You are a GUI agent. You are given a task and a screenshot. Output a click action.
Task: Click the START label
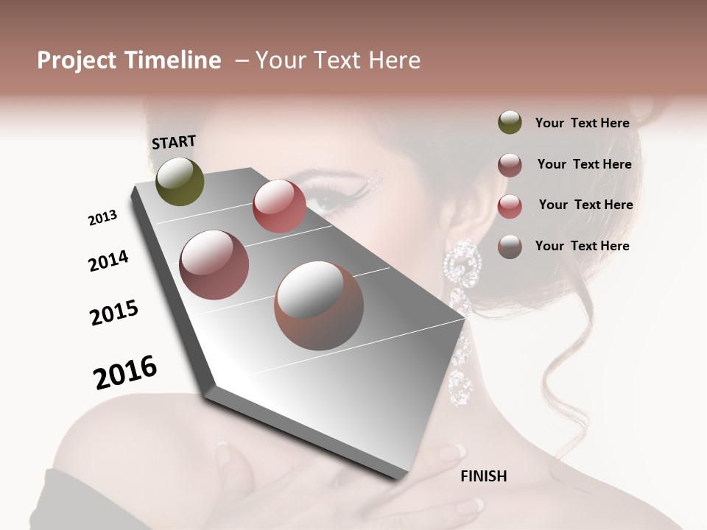[174, 142]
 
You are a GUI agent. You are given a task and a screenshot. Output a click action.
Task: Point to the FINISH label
[484, 476]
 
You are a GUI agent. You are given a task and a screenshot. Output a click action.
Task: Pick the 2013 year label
[102, 218]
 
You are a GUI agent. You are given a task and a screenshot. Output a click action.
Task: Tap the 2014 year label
[108, 261]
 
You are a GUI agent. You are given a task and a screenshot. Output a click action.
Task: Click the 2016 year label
[125, 372]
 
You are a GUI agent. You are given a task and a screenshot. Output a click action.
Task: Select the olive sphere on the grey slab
[180, 181]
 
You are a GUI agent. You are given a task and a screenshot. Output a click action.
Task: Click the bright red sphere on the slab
[279, 206]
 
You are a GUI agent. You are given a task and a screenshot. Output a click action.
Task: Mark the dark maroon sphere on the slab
[214, 265]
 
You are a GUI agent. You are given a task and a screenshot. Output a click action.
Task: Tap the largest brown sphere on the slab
[319, 305]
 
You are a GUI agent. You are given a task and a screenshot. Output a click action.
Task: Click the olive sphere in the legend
[510, 123]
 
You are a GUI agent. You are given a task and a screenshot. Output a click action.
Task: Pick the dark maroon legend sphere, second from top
[510, 164]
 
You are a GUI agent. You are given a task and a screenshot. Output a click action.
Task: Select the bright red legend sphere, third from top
[510, 205]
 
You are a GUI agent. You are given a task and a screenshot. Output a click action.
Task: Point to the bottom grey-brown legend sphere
[510, 246]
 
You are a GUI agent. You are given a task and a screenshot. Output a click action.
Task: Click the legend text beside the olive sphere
[582, 123]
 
